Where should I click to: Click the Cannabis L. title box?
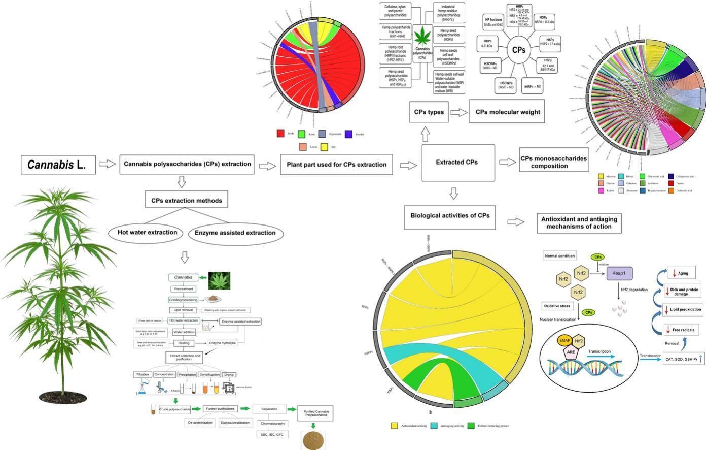coord(58,165)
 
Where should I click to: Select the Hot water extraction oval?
coord(147,233)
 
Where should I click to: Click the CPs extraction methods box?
coord(186,200)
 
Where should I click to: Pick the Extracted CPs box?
coord(457,163)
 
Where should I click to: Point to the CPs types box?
coord(429,112)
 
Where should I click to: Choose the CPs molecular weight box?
coord(507,112)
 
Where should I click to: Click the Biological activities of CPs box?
coord(450,215)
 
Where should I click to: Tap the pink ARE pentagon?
coord(571,351)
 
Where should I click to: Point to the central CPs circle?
coord(518,50)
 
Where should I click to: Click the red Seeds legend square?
coord(280,134)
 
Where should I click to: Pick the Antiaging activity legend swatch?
coord(434,426)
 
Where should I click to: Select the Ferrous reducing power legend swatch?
coord(471,426)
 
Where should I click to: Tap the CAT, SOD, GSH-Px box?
coord(683,359)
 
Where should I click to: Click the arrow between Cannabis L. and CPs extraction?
coord(107,164)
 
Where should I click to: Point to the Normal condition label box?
coord(559,256)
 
